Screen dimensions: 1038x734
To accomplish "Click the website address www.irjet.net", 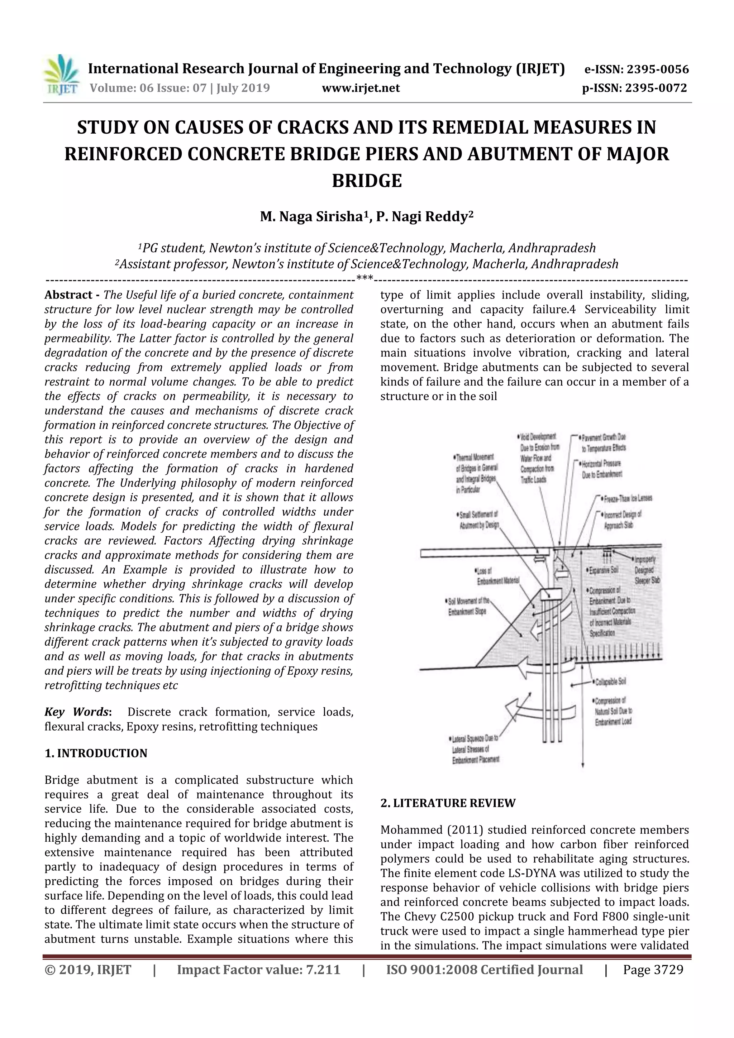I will (x=361, y=88).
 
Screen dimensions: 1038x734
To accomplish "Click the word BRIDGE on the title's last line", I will (x=367, y=181).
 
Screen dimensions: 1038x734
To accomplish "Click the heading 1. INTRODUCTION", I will (x=96, y=753).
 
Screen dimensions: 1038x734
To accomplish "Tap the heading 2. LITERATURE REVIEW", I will (x=448, y=803).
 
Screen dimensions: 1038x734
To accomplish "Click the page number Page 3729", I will (x=653, y=970).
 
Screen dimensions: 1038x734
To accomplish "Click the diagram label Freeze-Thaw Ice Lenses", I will (x=627, y=498).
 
